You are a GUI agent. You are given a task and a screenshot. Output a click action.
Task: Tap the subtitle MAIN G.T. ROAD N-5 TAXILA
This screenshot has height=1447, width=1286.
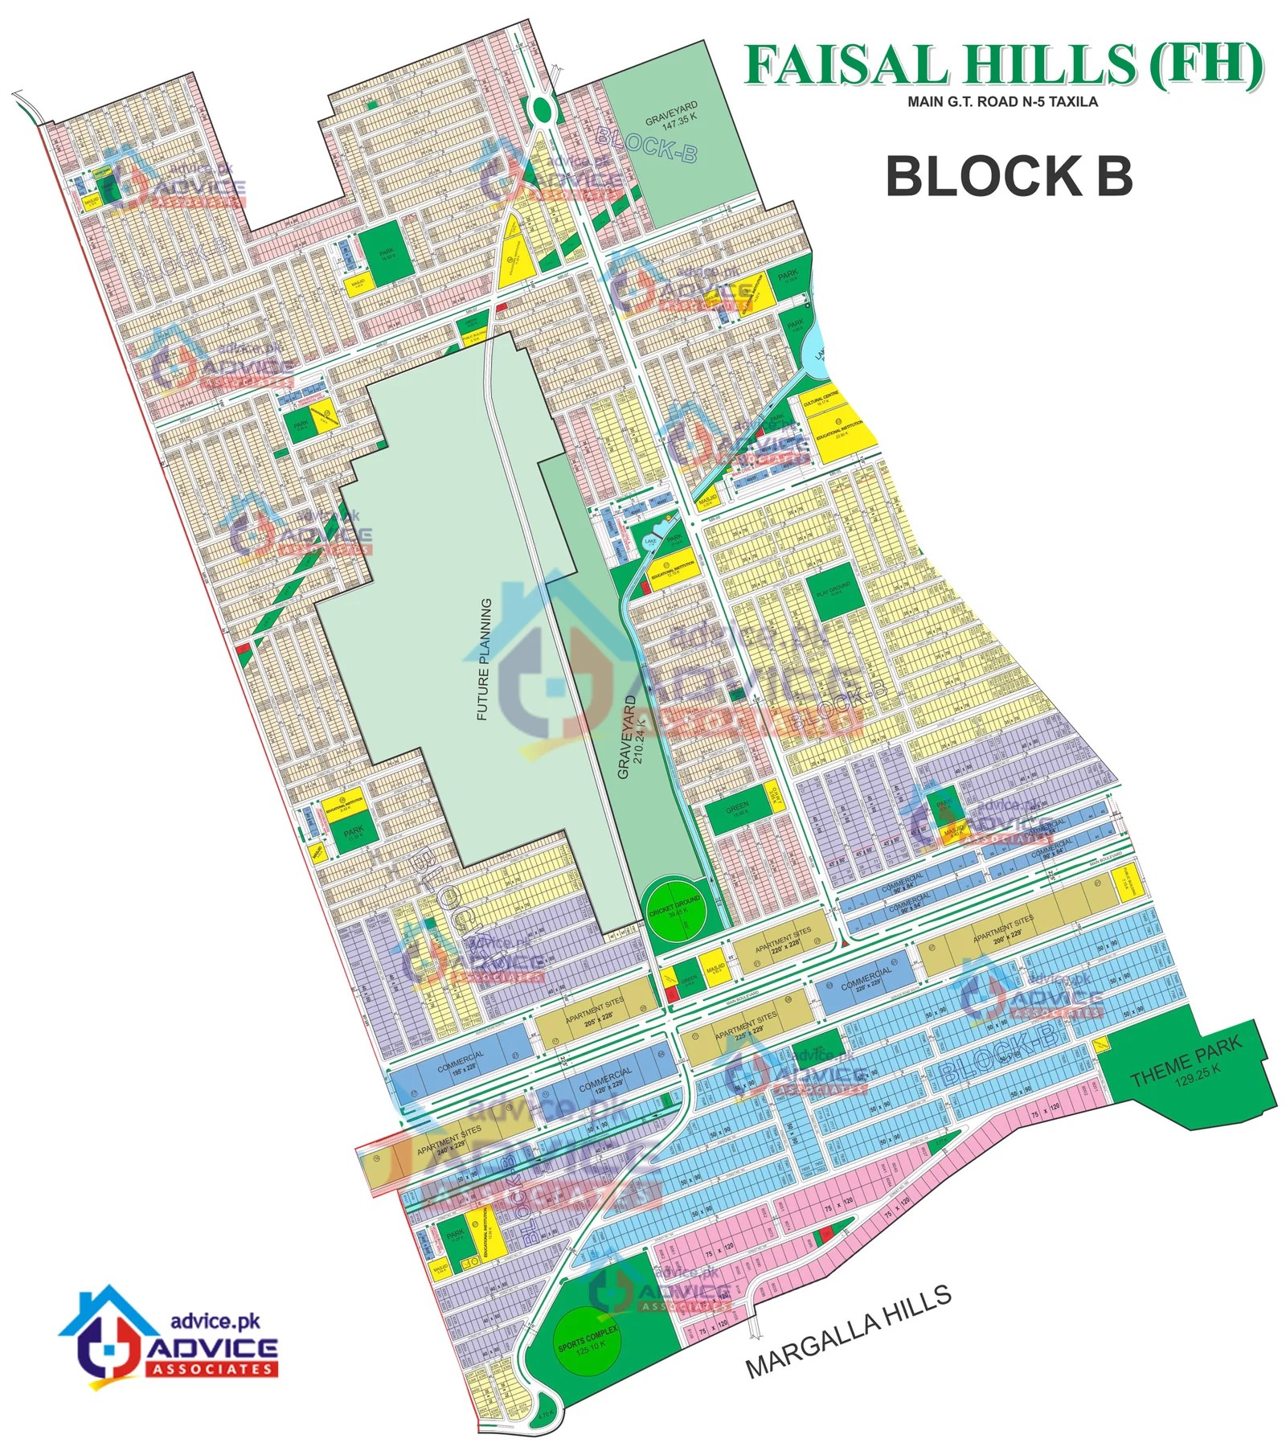tap(1002, 102)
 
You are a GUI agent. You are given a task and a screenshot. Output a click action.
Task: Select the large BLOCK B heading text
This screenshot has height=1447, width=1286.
tap(1009, 176)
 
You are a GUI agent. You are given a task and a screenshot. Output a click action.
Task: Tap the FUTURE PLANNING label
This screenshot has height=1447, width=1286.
tap(483, 659)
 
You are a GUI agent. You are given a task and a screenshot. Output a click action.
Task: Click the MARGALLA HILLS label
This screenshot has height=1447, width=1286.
tap(849, 1330)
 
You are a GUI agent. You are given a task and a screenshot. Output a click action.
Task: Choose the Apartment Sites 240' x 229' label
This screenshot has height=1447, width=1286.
tap(448, 1142)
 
